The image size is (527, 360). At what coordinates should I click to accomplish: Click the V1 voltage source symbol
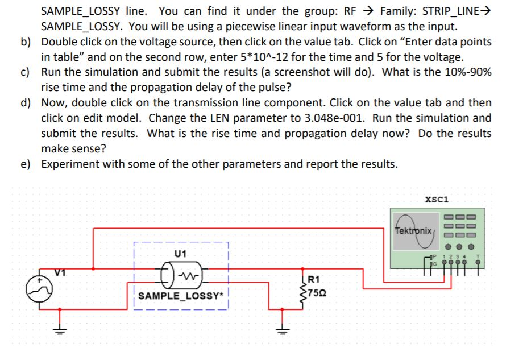click(39, 290)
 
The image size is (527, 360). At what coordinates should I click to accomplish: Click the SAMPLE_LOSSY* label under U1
click(181, 296)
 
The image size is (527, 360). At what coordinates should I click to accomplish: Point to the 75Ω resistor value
click(317, 293)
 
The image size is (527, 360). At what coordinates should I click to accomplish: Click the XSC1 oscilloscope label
click(437, 199)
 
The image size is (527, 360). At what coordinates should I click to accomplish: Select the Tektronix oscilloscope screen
click(416, 231)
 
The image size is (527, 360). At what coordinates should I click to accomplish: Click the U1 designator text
click(180, 254)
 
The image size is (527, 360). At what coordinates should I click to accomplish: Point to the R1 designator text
click(314, 279)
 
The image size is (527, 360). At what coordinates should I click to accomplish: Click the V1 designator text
click(60, 273)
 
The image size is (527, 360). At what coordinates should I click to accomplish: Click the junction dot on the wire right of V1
click(93, 269)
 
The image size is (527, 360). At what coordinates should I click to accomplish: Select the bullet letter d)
click(26, 102)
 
